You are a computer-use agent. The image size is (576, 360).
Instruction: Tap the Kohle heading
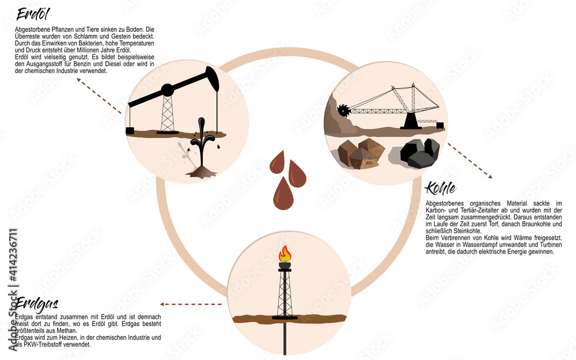coord(440,188)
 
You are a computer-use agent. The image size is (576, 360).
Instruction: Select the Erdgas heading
coord(36,304)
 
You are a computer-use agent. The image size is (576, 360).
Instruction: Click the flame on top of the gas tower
coord(285,254)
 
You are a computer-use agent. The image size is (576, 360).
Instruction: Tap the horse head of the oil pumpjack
coord(213,78)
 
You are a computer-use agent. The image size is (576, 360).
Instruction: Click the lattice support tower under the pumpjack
coord(167,114)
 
